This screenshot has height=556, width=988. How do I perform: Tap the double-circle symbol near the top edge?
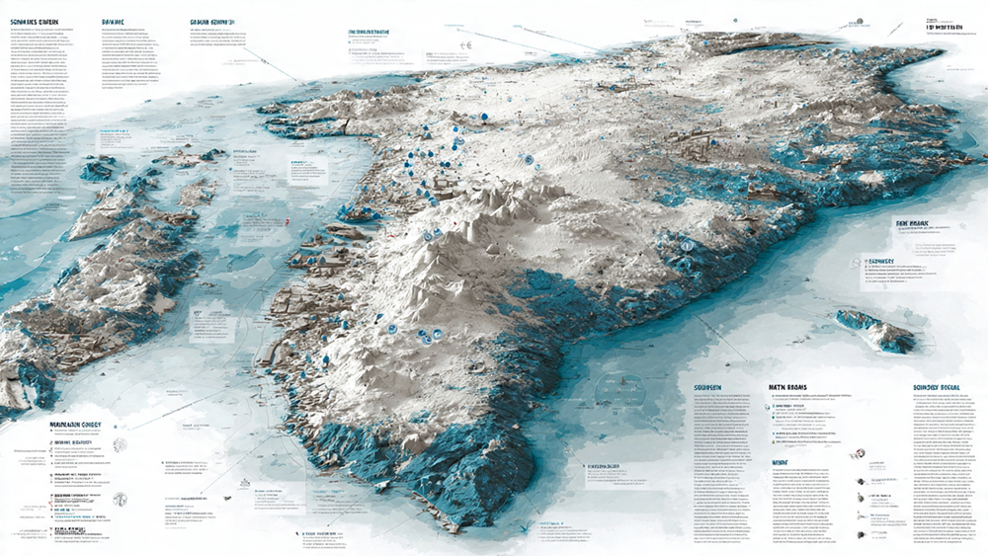coord(464,42)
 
